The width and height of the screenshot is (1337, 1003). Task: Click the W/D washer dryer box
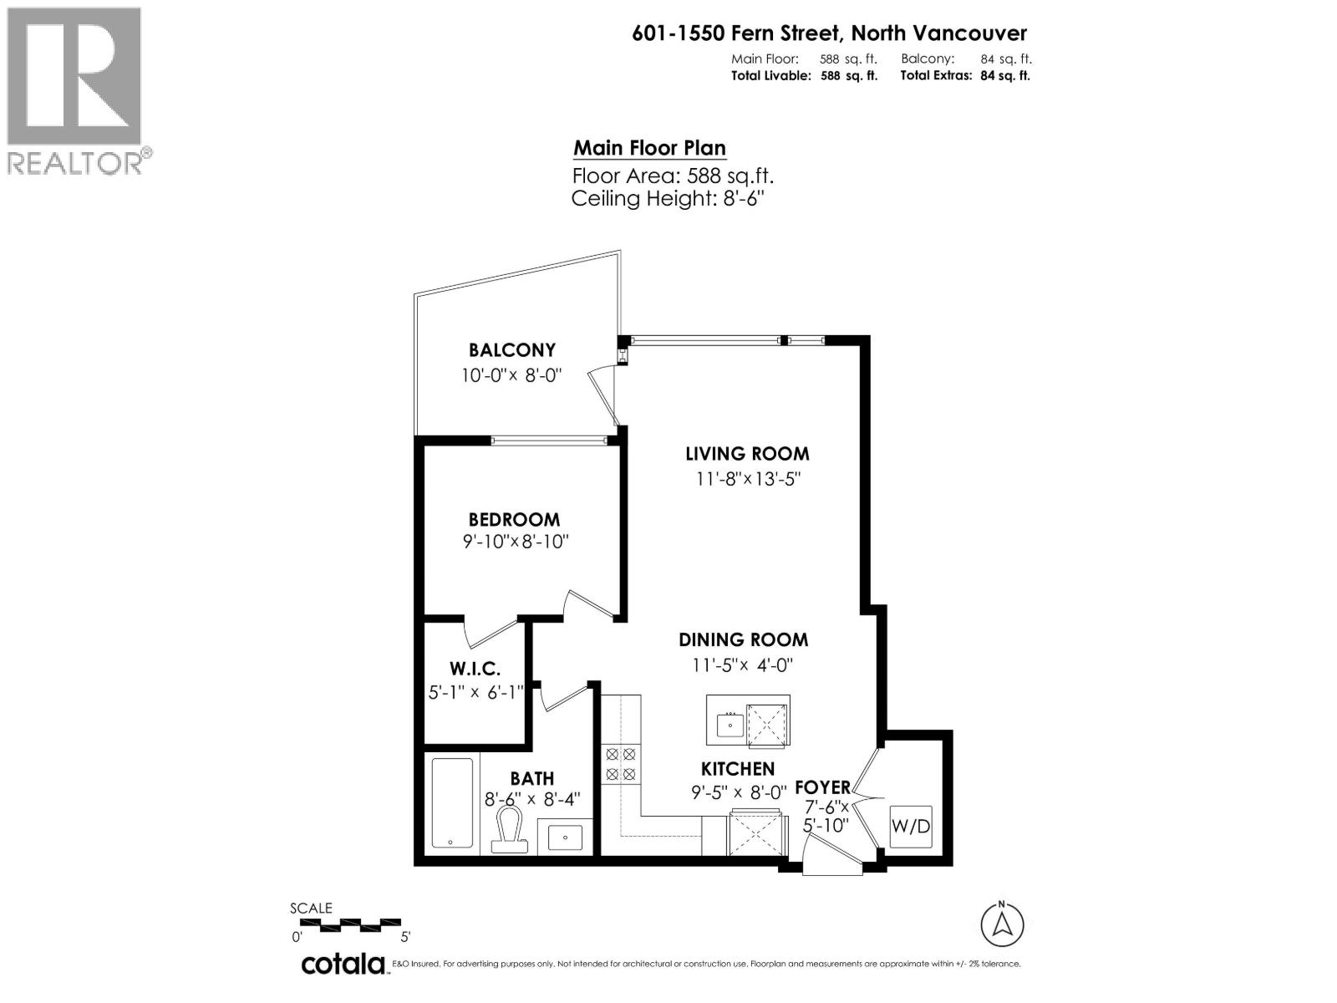tap(911, 827)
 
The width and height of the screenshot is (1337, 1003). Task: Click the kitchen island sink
tap(730, 723)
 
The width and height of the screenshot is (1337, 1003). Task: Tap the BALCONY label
tap(511, 350)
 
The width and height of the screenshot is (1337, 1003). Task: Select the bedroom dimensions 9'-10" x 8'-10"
tap(516, 542)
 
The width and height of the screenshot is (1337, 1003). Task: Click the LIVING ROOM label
tap(747, 454)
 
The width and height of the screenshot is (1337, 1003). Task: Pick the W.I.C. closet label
tap(475, 669)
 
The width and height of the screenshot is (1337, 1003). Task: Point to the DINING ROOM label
tap(743, 640)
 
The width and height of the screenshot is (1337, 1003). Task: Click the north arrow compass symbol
tap(1001, 924)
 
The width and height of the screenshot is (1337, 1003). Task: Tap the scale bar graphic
tap(351, 924)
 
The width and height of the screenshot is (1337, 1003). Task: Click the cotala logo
tap(343, 964)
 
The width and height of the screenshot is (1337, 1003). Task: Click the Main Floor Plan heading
tap(649, 149)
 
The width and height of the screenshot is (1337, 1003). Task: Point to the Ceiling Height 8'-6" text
tap(668, 199)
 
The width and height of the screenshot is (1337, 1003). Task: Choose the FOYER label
tap(822, 787)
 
